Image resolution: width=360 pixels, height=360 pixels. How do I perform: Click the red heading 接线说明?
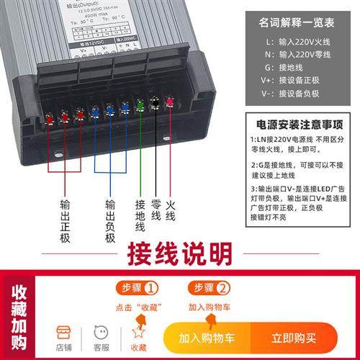pyautogui.click(x=179, y=254)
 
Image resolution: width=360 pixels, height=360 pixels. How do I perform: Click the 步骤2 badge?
pyautogui.click(x=210, y=289)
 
